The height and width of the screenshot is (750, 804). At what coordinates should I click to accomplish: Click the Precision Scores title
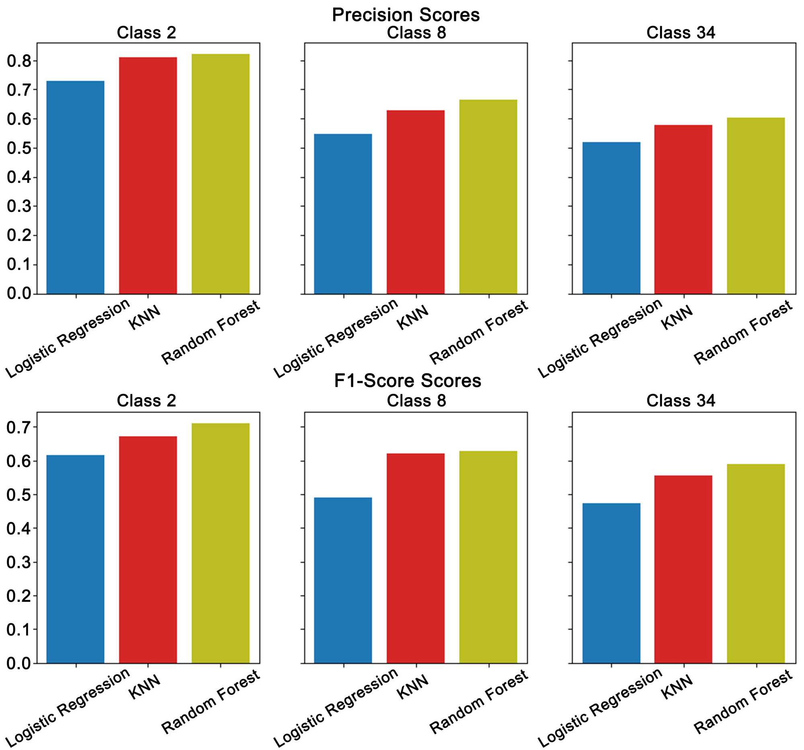point(406,15)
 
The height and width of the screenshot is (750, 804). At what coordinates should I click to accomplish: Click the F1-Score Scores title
point(407,381)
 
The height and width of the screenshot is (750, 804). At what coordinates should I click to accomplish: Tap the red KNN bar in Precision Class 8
point(415,202)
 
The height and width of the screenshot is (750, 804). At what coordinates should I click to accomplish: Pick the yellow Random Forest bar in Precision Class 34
point(755,206)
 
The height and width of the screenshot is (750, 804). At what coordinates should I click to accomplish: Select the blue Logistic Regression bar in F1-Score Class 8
point(343,580)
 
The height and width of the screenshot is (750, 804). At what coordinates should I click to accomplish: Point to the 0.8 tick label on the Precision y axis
point(19,61)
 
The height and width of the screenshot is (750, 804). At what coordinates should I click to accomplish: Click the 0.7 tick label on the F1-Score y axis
point(19,427)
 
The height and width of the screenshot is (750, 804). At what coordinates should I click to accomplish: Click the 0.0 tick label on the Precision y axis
point(19,293)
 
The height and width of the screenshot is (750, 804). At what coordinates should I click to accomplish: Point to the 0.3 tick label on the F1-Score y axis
point(19,562)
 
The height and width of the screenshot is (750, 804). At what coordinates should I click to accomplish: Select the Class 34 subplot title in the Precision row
point(681,33)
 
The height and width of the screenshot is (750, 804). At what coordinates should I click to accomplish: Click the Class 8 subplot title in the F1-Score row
point(416,401)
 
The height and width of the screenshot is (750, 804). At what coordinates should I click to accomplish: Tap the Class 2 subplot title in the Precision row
point(146,33)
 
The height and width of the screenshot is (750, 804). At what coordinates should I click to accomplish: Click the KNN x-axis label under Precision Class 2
point(145,317)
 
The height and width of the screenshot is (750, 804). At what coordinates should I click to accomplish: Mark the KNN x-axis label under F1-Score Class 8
point(412,687)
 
